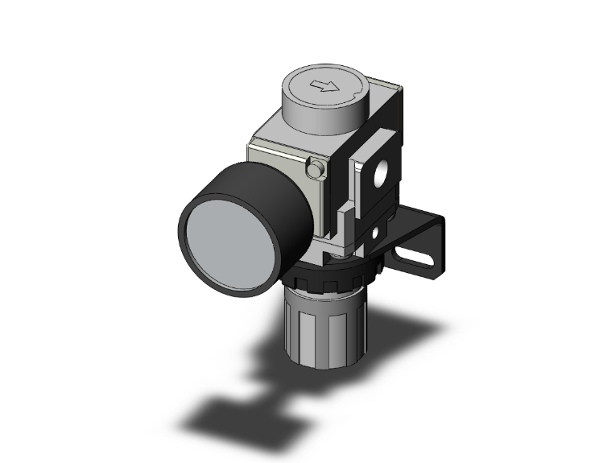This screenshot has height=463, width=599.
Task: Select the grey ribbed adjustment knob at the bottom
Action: click(x=322, y=322)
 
